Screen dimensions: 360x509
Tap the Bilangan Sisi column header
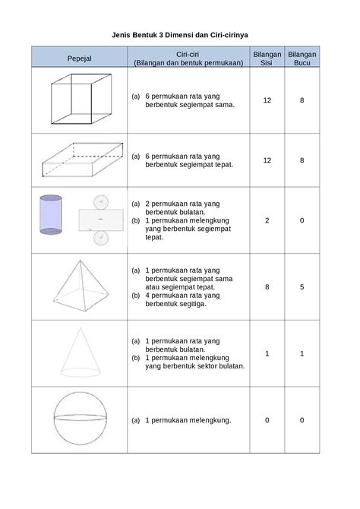(266, 58)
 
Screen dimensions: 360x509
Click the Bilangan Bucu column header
(302, 58)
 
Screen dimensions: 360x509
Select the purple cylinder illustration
(51, 216)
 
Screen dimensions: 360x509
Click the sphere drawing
(78, 419)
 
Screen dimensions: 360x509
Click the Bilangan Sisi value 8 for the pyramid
(267, 287)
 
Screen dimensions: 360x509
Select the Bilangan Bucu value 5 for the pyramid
(302, 287)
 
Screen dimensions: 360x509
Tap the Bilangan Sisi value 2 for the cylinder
(267, 220)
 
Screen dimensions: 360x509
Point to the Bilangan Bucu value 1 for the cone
(302, 353)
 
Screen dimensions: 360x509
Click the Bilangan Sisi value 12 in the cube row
(267, 100)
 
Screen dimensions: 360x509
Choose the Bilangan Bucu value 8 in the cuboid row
(302, 160)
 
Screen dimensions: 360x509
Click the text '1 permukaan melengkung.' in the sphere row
(188, 420)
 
